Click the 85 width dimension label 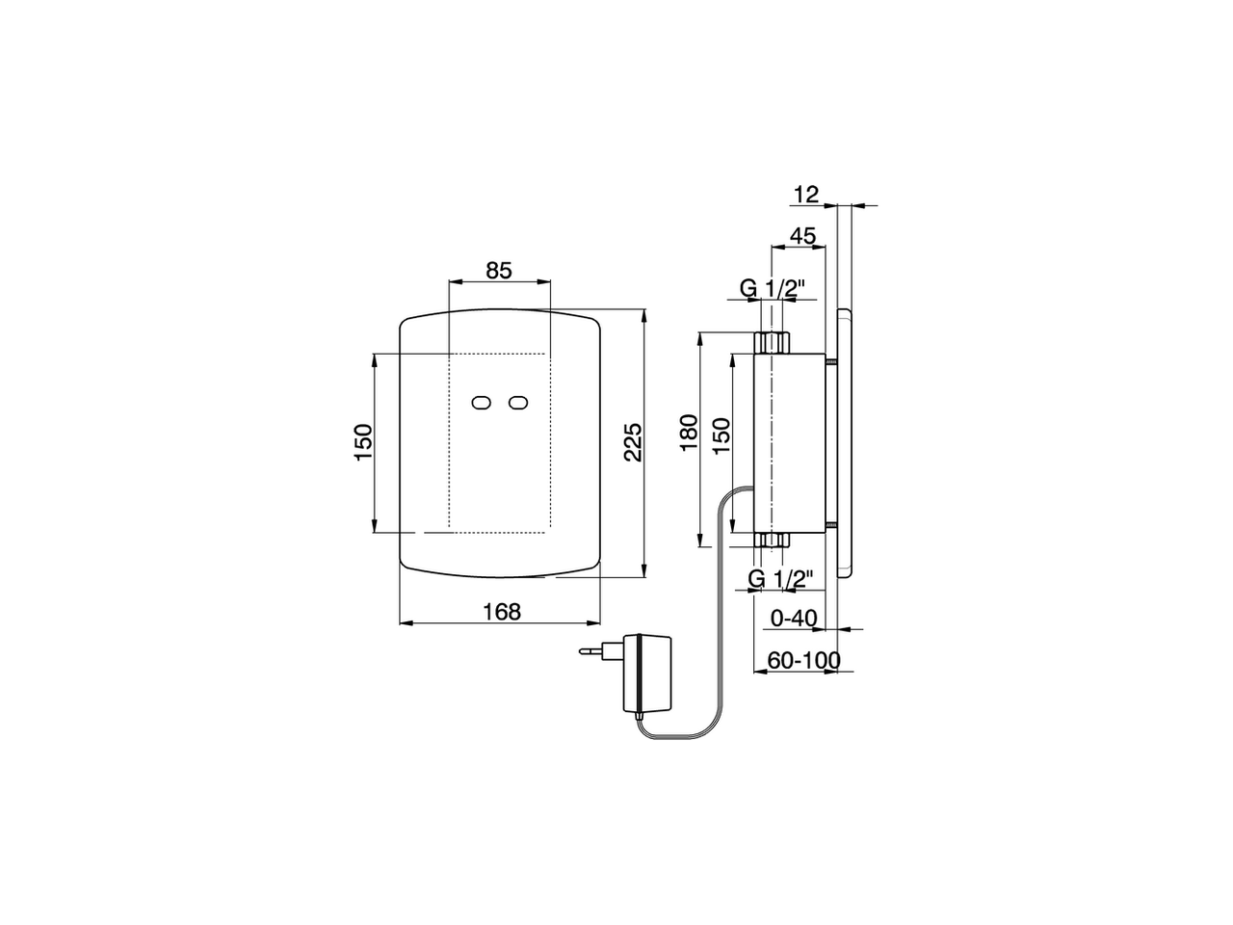498,271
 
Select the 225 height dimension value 632,442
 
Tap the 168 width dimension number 501,611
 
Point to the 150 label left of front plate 363,442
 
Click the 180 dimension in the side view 688,436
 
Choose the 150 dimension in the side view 721,436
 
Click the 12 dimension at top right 805,195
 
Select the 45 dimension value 802,236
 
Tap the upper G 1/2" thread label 772,287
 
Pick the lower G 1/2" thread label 781,578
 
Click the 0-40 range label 794,618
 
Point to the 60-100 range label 803,660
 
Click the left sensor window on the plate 482,404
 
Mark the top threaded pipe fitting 772,342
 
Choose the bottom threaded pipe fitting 772,540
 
